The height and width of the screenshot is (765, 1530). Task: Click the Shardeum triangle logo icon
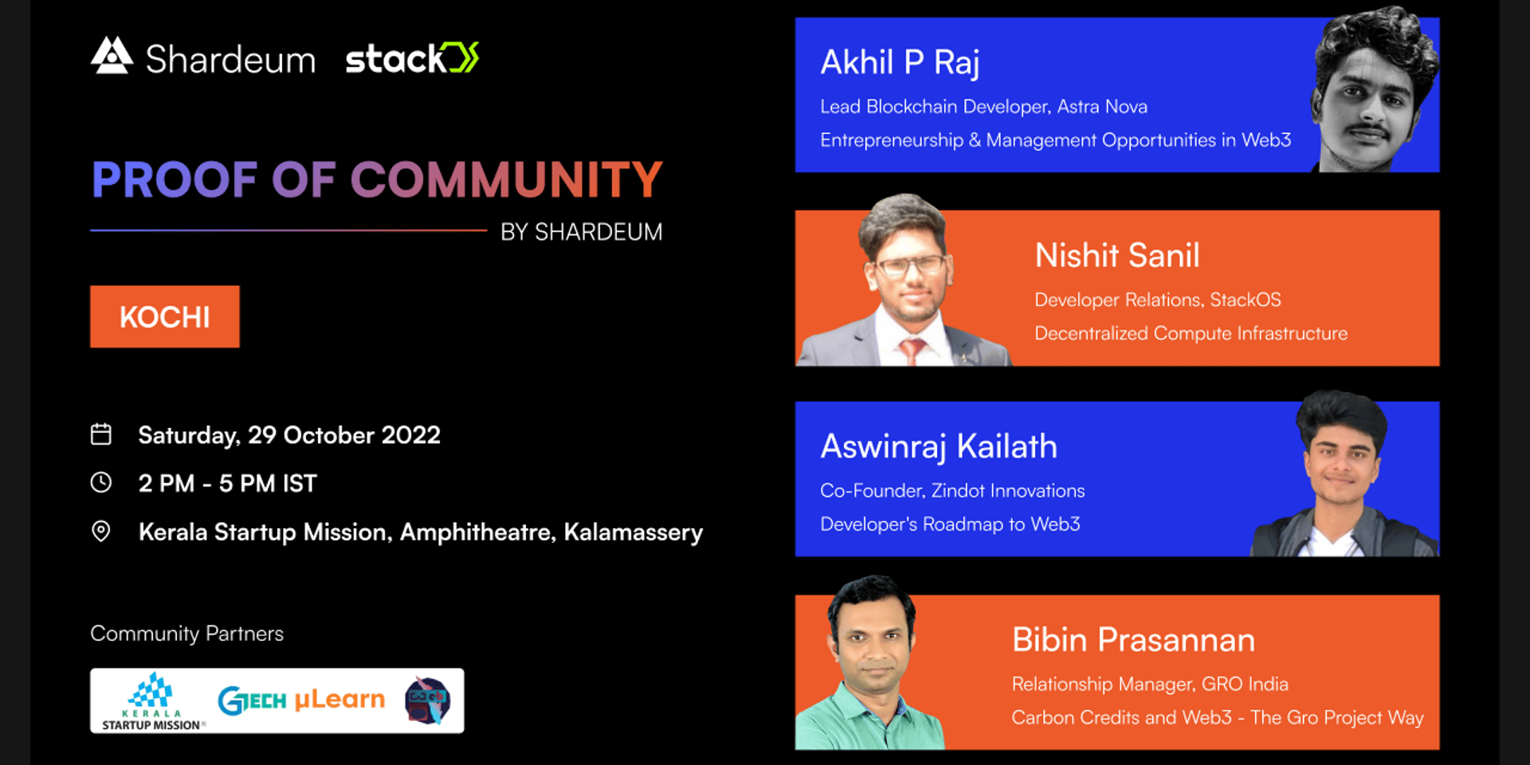[112, 56]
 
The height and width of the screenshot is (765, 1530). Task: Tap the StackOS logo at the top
[412, 58]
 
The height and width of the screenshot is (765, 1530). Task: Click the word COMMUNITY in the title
[507, 179]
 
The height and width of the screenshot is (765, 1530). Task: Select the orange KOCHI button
[165, 316]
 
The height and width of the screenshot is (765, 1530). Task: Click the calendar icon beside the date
[101, 434]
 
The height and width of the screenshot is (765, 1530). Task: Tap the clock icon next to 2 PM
[101, 482]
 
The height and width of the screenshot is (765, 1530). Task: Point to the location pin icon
[101, 531]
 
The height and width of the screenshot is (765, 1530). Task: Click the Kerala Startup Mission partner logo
[152, 701]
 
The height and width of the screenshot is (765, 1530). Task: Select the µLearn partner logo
[339, 700]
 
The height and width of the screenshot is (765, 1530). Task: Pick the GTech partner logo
[252, 700]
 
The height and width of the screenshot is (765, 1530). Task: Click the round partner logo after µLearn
[427, 700]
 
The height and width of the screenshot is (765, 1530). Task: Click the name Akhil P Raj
[900, 63]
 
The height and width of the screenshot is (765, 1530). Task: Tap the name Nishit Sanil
[1116, 256]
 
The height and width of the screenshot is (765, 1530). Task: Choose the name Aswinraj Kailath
[939, 447]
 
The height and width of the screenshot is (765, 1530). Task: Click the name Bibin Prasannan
[1133, 640]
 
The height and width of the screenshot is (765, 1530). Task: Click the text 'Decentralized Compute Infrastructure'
[1191, 333]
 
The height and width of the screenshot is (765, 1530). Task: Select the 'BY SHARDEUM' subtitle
[582, 232]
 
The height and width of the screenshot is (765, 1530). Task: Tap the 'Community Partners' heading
[186, 634]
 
